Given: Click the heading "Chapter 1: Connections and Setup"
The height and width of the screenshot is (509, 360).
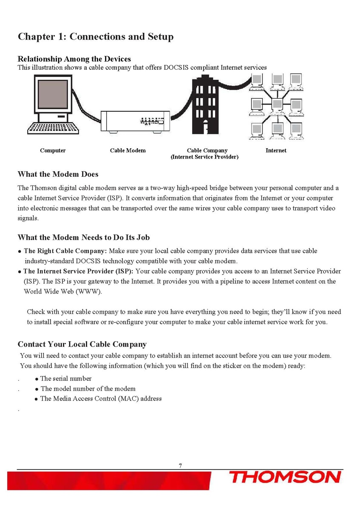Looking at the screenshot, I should coord(95,37).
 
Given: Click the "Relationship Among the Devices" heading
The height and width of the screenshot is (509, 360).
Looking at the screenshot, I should coord(74,59).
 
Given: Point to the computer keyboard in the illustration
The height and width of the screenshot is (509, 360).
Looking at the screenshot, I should coord(53,128).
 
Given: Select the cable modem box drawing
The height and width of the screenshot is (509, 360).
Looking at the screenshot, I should coord(135,122).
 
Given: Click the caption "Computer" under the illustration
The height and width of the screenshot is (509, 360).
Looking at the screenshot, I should coord(53,150).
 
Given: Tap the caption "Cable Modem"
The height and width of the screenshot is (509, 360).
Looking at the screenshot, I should coord(128,150).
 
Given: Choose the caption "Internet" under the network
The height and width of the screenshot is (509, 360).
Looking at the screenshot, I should coord(276,150).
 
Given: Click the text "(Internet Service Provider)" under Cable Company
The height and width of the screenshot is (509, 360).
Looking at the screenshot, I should coord(204,157).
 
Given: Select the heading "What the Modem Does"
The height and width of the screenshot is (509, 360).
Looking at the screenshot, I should coord(58,174).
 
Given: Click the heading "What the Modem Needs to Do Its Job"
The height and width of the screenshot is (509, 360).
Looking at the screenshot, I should coord(83,237).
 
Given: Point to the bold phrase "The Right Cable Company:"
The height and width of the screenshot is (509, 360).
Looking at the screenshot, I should coord(65,251).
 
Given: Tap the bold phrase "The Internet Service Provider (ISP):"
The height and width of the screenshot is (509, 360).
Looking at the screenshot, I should coord(78,271).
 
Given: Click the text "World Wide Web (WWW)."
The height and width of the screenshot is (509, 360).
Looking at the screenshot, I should coord(63,291).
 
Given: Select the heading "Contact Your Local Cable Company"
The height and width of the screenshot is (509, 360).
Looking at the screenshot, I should coord(82,344).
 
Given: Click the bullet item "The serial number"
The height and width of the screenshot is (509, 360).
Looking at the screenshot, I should coord(66,379).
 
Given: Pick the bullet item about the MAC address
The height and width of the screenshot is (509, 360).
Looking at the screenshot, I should coord(101,399).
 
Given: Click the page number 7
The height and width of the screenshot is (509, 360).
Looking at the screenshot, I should coord(180,466).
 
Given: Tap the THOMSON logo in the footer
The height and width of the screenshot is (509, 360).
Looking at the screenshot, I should coord(285,477).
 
